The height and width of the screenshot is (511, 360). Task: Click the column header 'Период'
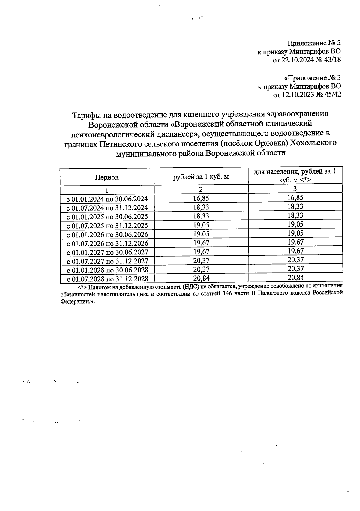107,177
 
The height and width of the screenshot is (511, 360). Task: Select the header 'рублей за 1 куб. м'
201,176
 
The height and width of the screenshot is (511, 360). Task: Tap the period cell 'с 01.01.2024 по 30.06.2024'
107,199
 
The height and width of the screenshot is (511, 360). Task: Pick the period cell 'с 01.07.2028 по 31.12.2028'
107,279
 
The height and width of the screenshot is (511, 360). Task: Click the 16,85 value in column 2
201,198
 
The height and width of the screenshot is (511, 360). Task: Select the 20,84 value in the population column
295,278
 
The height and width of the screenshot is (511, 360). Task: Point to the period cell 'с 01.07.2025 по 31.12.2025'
107,225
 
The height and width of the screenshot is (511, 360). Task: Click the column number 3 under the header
295,188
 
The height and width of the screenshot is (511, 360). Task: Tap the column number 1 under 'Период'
107,190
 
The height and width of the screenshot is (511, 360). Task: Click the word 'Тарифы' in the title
87,115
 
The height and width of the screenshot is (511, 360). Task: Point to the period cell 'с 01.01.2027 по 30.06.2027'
107,252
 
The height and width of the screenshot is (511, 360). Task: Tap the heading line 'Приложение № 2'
314,43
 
